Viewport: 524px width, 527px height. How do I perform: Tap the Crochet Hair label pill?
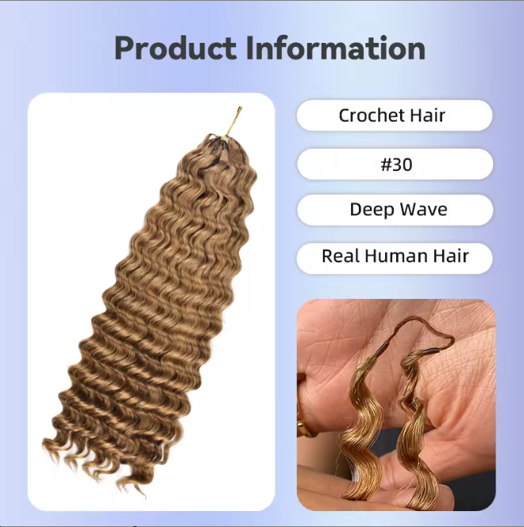pos(395,115)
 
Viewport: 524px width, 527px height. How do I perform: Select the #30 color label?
pos(395,164)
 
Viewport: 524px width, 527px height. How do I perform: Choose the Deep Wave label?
pos(395,210)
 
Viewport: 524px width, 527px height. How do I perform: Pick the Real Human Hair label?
pos(395,257)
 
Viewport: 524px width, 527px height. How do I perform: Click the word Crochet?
pos(372,115)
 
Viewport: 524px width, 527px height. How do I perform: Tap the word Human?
pos(394,257)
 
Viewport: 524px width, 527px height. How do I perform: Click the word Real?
pos(340,257)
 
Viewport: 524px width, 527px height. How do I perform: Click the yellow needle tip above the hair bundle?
pos(236,116)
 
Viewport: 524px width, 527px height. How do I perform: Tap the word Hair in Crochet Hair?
pos(429,115)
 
